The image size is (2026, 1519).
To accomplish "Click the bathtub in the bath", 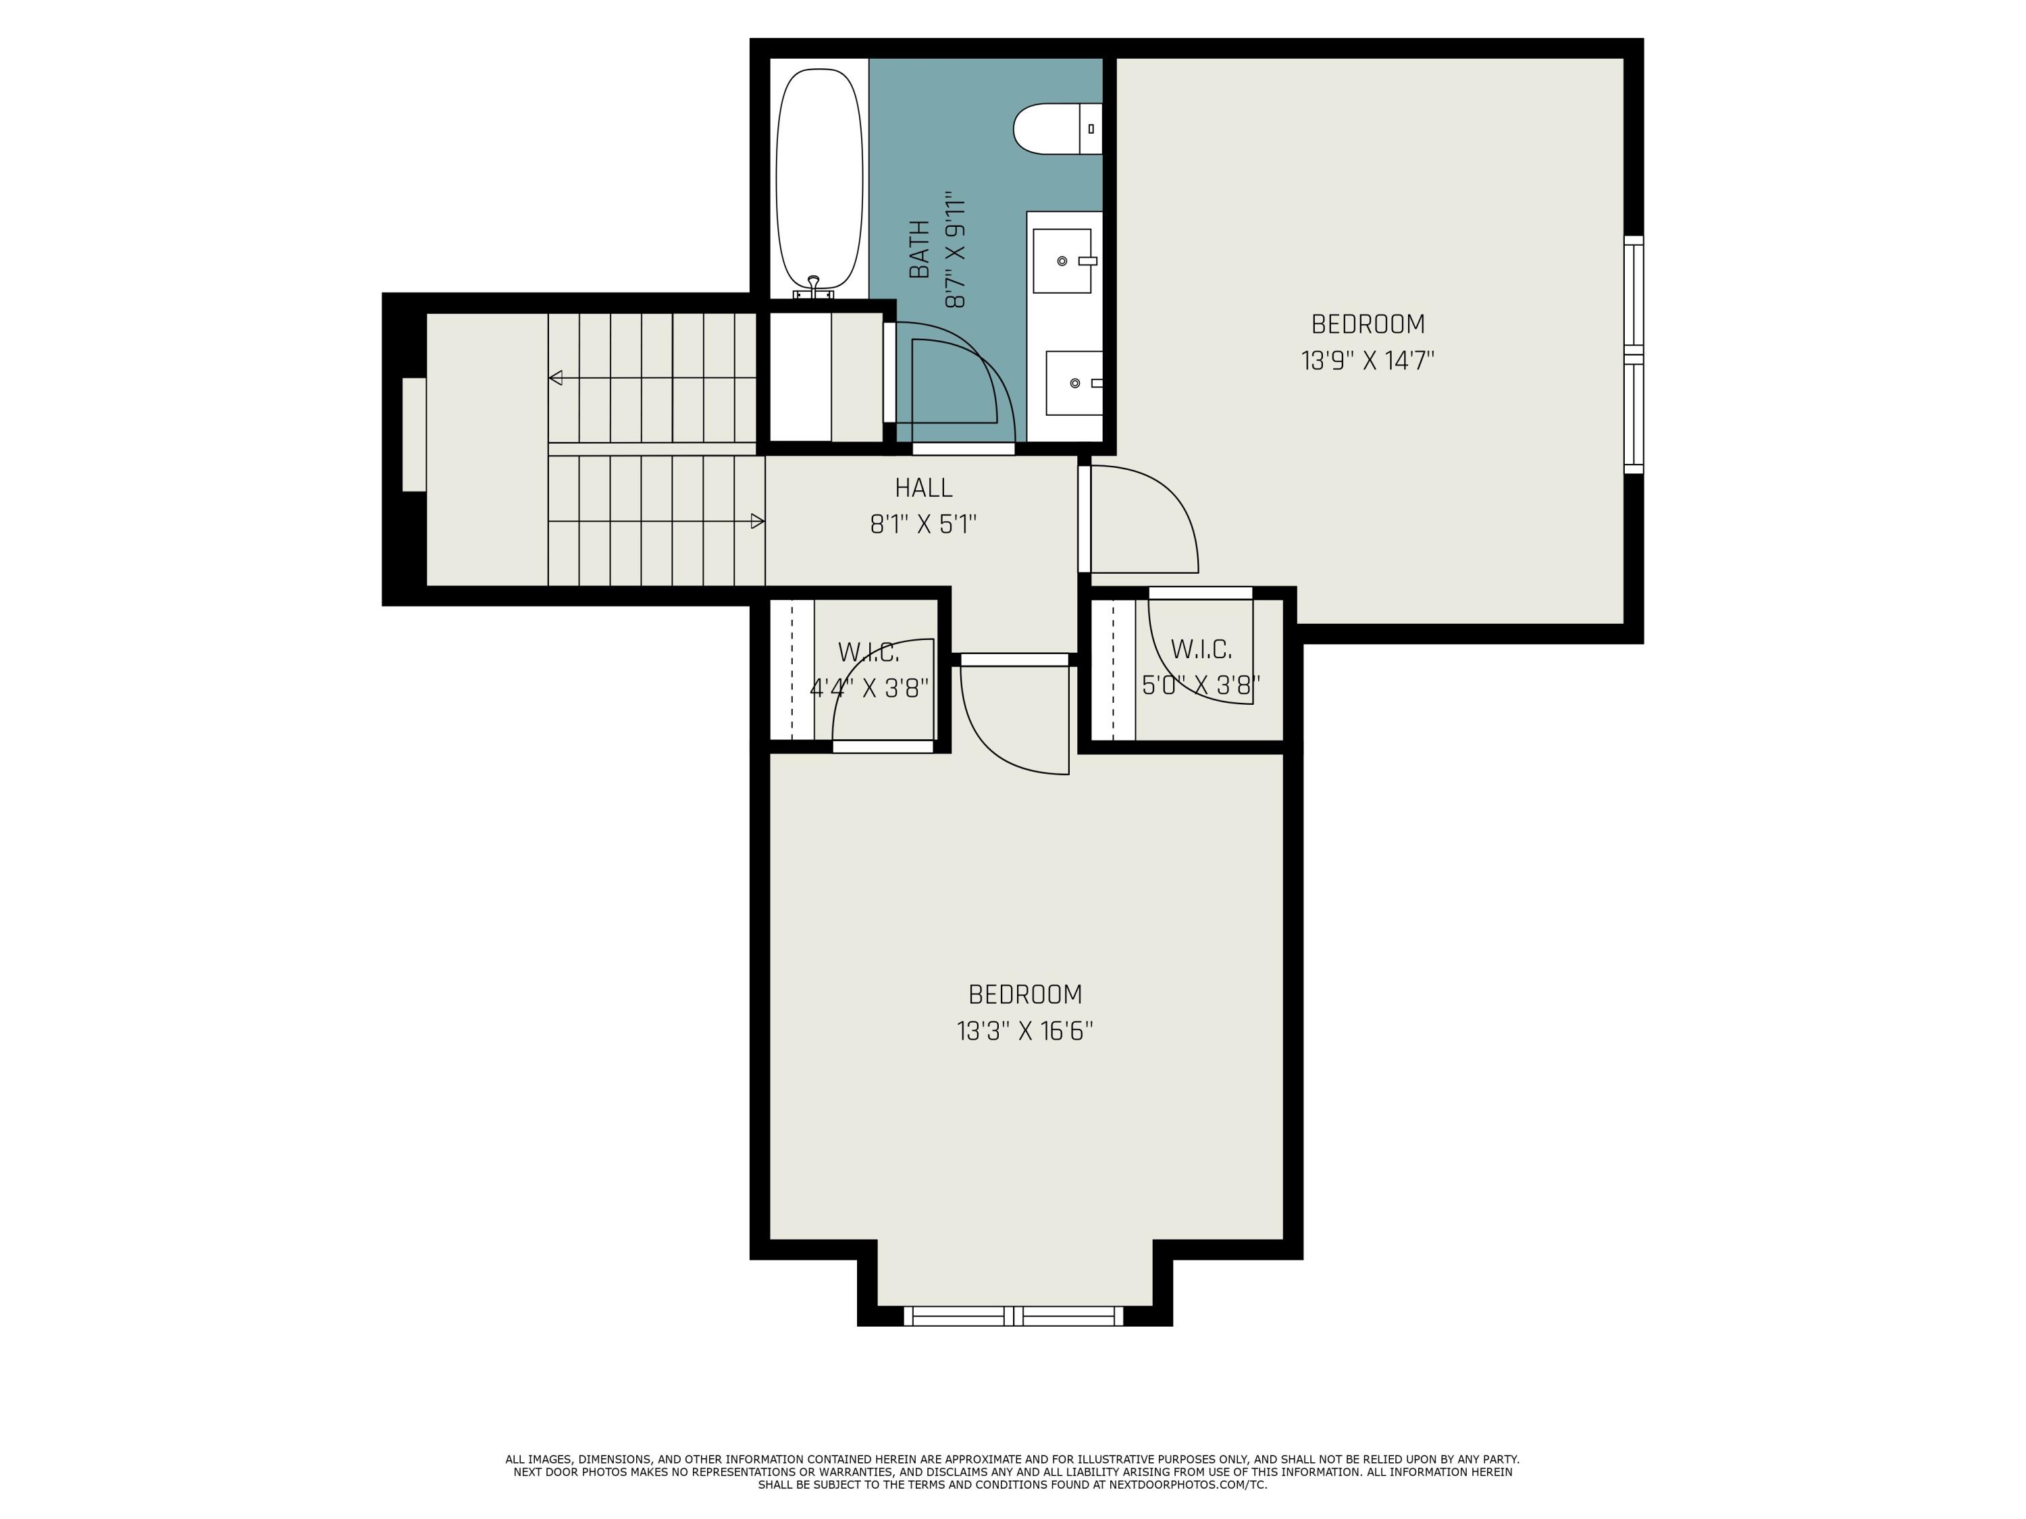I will pos(819,178).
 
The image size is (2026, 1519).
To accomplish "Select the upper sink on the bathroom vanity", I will pos(1062,261).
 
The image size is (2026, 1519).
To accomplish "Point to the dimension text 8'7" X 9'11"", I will pos(956,249).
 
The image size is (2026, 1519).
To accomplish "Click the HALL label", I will pos(923,487).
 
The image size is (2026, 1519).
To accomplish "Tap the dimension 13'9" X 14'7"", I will pos(1368,361).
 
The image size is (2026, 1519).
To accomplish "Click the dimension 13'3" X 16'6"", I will pos(1025,1031).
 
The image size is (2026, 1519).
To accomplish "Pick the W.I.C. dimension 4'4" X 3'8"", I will pos(869,688).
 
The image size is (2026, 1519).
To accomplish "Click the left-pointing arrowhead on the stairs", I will pos(555,377).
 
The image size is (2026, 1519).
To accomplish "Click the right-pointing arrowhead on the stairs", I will pos(758,521).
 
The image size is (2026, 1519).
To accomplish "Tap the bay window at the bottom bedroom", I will pos(1013,1316).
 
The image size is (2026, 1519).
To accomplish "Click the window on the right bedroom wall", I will pos(1633,354).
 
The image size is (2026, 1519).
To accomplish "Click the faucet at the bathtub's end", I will pos(812,286).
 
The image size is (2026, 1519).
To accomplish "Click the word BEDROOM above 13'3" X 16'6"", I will pos(1025,994).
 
